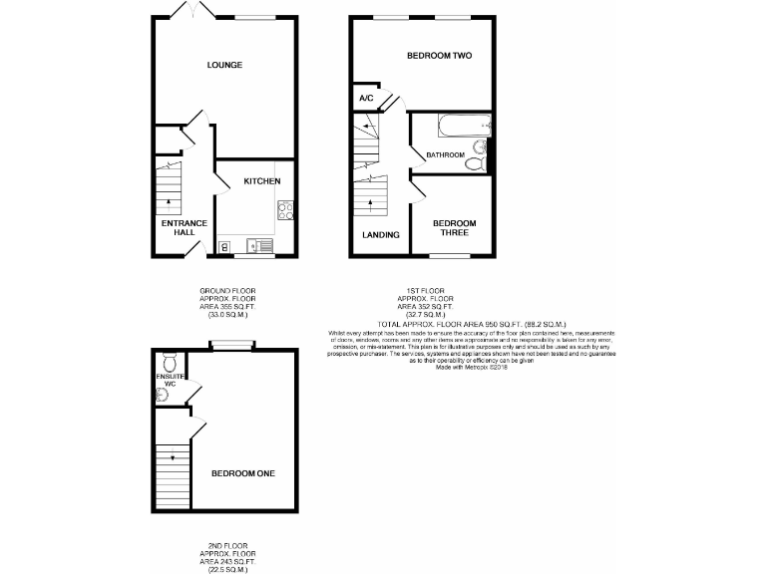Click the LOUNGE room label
224,66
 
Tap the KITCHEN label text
262,181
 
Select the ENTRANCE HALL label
184,227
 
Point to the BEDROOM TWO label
439,57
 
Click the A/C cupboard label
366,99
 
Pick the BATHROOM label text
445,155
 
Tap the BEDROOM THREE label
454,227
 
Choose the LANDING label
381,235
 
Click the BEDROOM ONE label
243,473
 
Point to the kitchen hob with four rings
284,209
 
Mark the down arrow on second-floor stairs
174,458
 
